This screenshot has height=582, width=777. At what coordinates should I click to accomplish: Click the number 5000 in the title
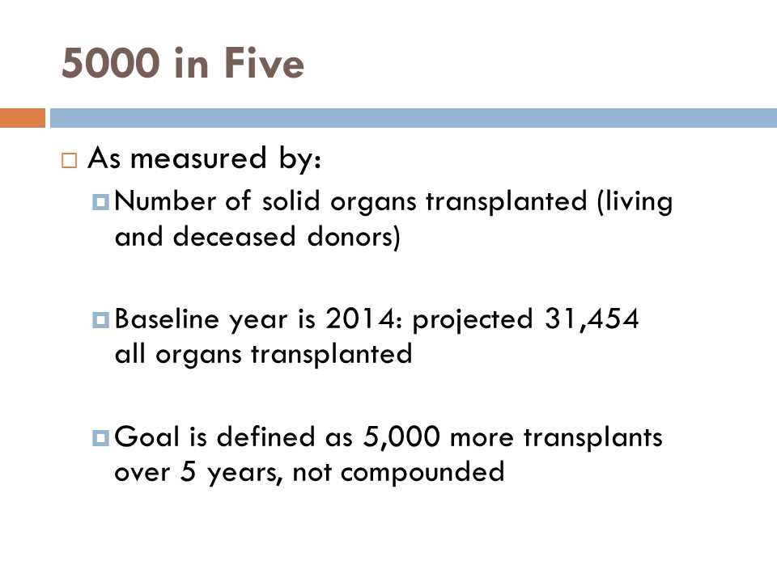pyautogui.click(x=111, y=63)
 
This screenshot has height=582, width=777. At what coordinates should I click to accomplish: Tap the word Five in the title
pyautogui.click(x=264, y=63)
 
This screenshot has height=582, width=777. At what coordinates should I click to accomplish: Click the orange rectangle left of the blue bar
pyautogui.click(x=23, y=118)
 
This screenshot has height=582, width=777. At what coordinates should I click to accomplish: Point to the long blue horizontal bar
pyautogui.click(x=414, y=118)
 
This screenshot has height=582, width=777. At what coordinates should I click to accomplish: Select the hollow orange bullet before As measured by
pyautogui.click(x=70, y=160)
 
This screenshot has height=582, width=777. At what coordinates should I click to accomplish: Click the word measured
pyautogui.click(x=198, y=158)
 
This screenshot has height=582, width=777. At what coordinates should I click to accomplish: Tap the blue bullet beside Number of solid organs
pyautogui.click(x=100, y=201)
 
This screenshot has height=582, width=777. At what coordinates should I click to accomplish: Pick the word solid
pyautogui.click(x=291, y=201)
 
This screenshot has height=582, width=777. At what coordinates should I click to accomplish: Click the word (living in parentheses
pyautogui.click(x=635, y=202)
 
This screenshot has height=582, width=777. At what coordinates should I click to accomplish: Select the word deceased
pyautogui.click(x=234, y=237)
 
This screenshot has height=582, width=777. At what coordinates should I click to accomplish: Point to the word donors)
pyautogui.click(x=354, y=238)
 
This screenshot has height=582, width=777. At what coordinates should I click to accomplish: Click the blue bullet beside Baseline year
pyautogui.click(x=100, y=320)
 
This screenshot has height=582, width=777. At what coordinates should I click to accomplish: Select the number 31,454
pyautogui.click(x=592, y=318)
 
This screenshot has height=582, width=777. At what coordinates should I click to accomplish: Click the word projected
pyautogui.click(x=473, y=320)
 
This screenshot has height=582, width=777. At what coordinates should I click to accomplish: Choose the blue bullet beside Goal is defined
pyautogui.click(x=100, y=437)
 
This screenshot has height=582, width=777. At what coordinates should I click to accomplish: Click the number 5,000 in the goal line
pyautogui.click(x=401, y=437)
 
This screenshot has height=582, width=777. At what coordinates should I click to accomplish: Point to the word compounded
pyautogui.click(x=422, y=473)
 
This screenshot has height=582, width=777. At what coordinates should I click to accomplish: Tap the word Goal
pyautogui.click(x=146, y=437)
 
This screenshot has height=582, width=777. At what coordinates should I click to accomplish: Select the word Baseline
pyautogui.click(x=167, y=319)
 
